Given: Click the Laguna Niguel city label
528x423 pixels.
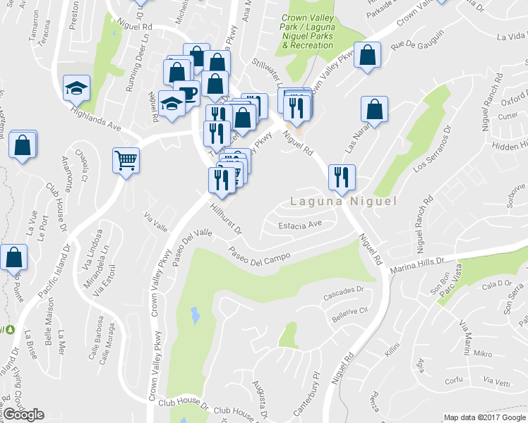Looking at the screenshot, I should [x=343, y=202].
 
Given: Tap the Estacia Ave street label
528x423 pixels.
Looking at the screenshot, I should [x=300, y=225].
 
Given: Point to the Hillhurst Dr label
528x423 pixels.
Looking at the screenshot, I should [x=227, y=219].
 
